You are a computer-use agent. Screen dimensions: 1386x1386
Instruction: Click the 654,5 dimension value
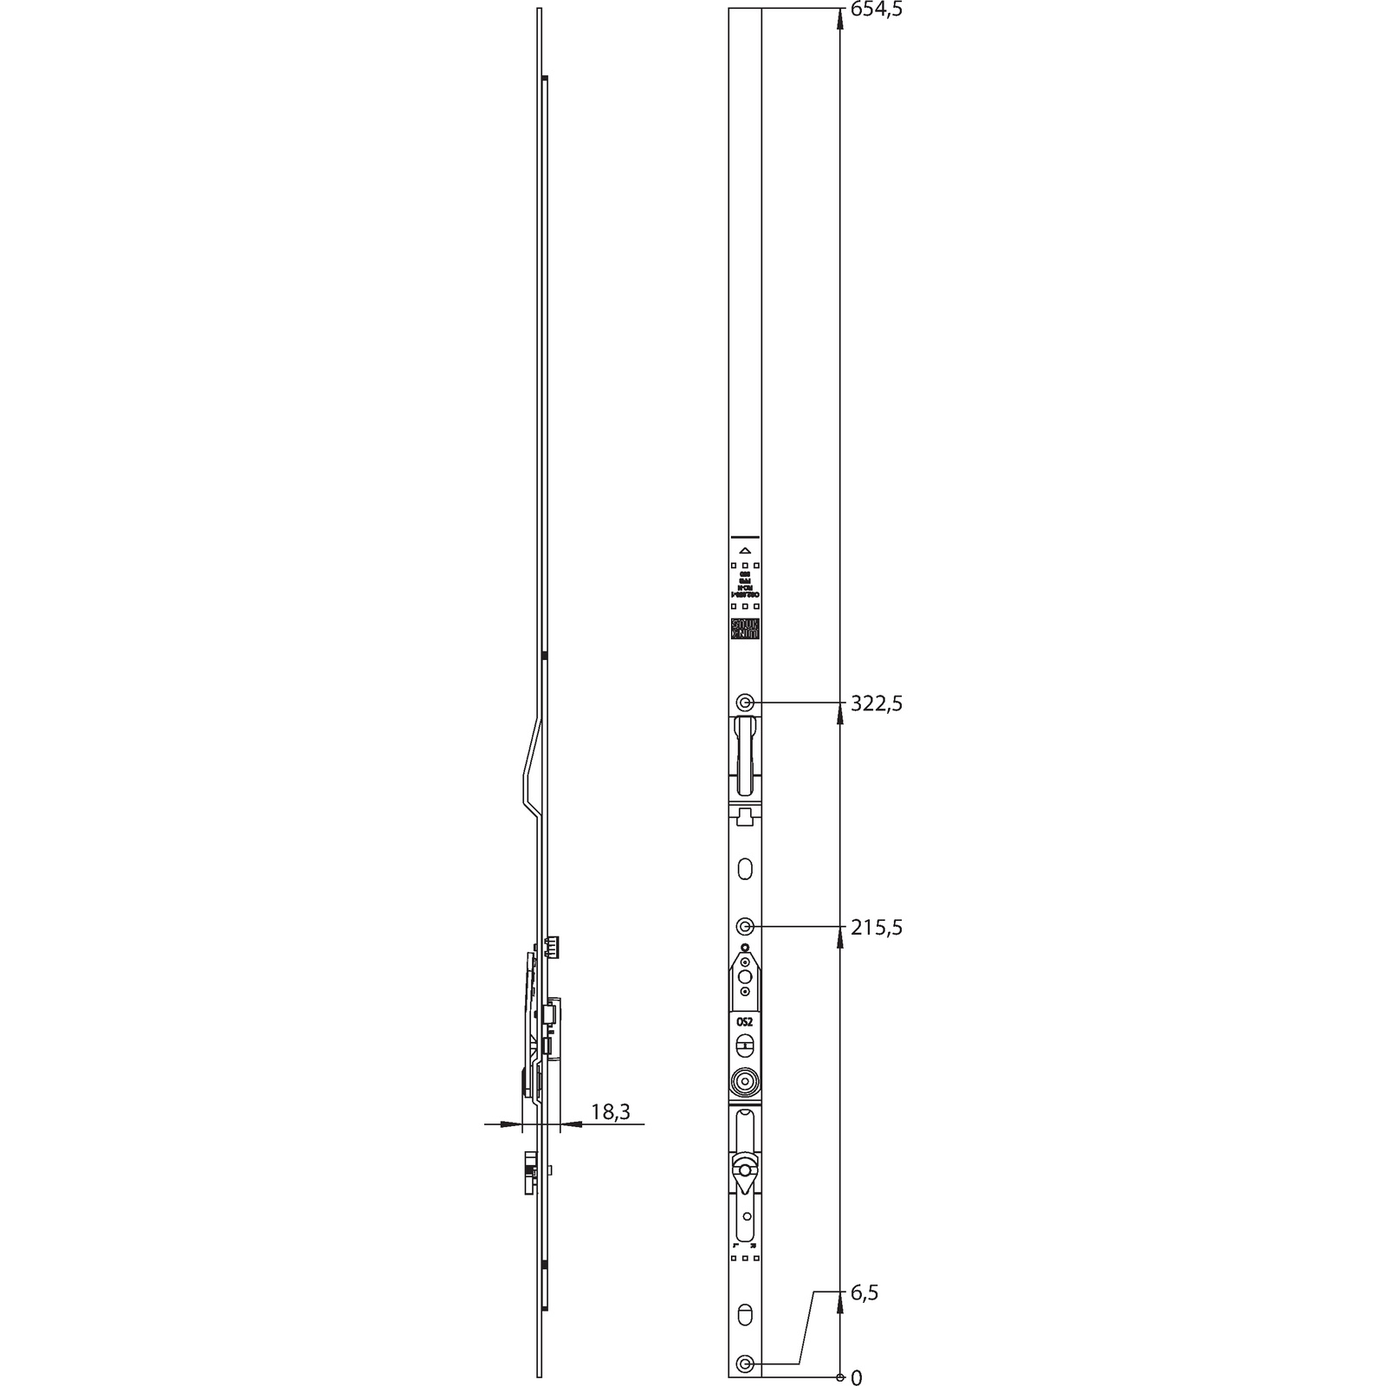[x=876, y=10]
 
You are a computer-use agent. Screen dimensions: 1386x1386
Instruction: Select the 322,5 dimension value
[x=876, y=703]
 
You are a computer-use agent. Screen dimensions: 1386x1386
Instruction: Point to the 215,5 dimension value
[x=876, y=928]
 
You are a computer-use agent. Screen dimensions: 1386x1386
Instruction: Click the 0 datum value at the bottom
[x=857, y=1377]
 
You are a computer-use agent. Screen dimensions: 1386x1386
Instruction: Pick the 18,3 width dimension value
[x=610, y=1112]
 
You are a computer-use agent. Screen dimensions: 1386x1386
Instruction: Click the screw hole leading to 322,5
[x=744, y=703]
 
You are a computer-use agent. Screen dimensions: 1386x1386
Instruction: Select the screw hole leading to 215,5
[x=744, y=927]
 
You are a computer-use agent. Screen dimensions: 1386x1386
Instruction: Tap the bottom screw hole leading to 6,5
[x=744, y=1364]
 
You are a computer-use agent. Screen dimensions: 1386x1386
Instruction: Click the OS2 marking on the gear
[x=744, y=1022]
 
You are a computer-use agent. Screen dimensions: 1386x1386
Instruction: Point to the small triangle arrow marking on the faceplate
[x=744, y=550]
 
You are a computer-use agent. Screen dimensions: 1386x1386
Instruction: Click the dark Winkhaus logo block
[x=744, y=630]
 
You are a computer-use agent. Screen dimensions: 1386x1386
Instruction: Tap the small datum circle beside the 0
[x=840, y=1376]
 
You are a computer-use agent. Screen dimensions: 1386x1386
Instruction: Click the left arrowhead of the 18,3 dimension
[x=516, y=1124]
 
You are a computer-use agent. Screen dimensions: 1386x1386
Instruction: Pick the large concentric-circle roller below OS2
[x=744, y=1080]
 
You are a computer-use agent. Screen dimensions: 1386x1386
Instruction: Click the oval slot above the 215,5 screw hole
[x=745, y=869]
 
